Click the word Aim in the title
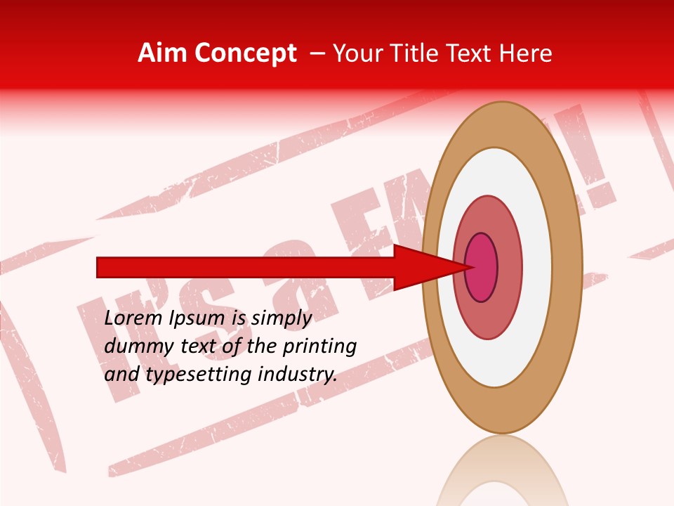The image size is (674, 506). point(162,53)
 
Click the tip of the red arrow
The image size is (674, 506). point(468,267)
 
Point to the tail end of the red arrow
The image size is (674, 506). point(99,267)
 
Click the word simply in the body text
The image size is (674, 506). point(281,318)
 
